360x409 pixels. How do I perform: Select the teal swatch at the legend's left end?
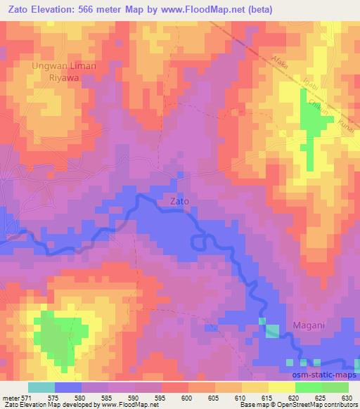(x=41, y=387)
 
